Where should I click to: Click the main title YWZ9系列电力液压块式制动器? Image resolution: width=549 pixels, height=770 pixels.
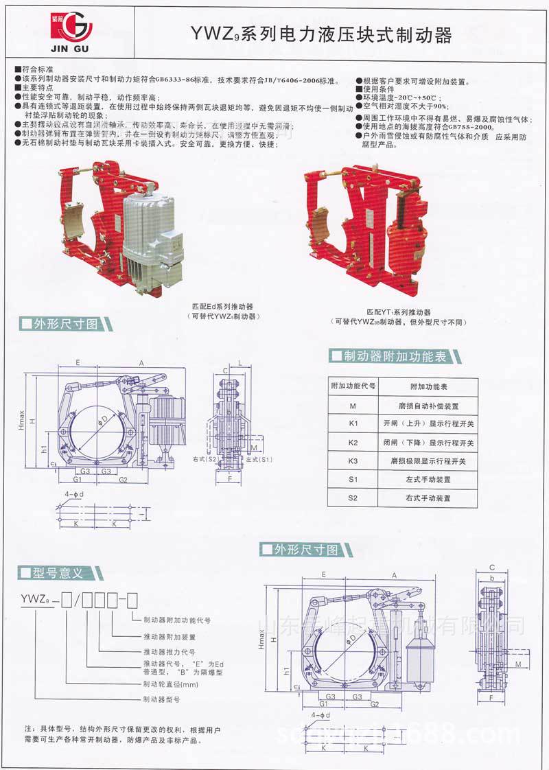pyautogui.click(x=320, y=35)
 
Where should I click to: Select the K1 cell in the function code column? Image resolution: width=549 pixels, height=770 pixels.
pyautogui.click(x=353, y=423)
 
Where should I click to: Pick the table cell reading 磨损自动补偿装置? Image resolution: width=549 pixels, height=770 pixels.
pyautogui.click(x=428, y=406)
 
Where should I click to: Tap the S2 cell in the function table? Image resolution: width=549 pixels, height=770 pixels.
pyautogui.click(x=353, y=498)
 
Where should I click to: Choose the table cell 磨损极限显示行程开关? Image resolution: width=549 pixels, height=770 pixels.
pyautogui.click(x=428, y=460)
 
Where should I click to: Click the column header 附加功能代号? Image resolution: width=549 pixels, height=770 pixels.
pyautogui.click(x=353, y=386)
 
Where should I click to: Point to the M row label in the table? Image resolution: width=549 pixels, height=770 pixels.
pyautogui.click(x=353, y=406)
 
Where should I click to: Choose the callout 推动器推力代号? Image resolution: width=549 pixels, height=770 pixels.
pyautogui.click(x=168, y=651)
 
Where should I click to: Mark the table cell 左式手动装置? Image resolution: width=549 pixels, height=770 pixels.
pyautogui.click(x=428, y=479)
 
